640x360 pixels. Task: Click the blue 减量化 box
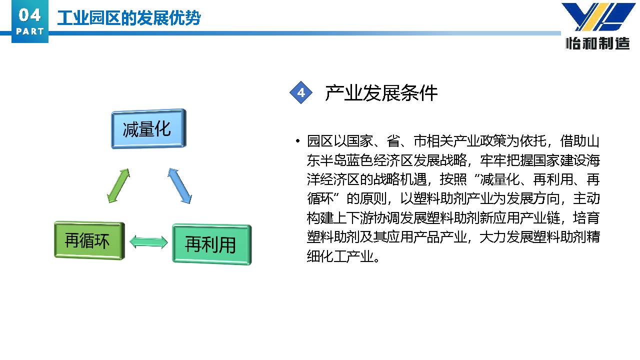148,128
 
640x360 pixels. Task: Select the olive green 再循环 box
89,240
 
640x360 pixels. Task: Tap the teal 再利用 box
211,244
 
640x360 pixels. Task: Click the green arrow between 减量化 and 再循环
118,185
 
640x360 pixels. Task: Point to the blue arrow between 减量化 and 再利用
179,185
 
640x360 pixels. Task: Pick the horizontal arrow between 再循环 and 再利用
148,242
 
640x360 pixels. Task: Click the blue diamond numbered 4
301,92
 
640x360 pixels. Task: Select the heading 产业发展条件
381,93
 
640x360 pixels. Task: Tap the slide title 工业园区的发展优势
129,18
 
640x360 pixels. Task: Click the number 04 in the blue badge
29,15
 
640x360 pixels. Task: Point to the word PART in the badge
29,31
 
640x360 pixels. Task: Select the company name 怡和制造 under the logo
597,43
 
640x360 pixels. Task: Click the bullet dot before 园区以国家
297,141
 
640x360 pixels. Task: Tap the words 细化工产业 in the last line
340,256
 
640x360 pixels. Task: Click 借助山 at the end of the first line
579,141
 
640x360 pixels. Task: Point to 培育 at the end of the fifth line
586,217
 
